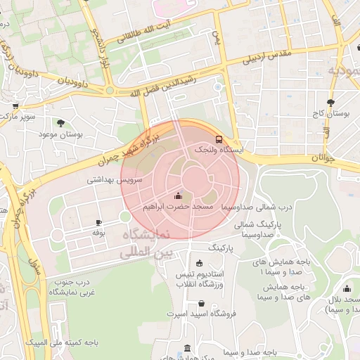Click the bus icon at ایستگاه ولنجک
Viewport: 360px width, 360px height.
pos(219,139)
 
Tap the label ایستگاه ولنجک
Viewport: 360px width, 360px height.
pos(218,150)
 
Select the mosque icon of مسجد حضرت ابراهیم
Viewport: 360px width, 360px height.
pos(178,196)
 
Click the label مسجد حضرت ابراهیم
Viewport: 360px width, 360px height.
pos(178,208)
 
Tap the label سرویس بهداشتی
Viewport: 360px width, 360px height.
pos(114,180)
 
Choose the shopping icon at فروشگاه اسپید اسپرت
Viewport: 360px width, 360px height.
pos(201,303)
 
